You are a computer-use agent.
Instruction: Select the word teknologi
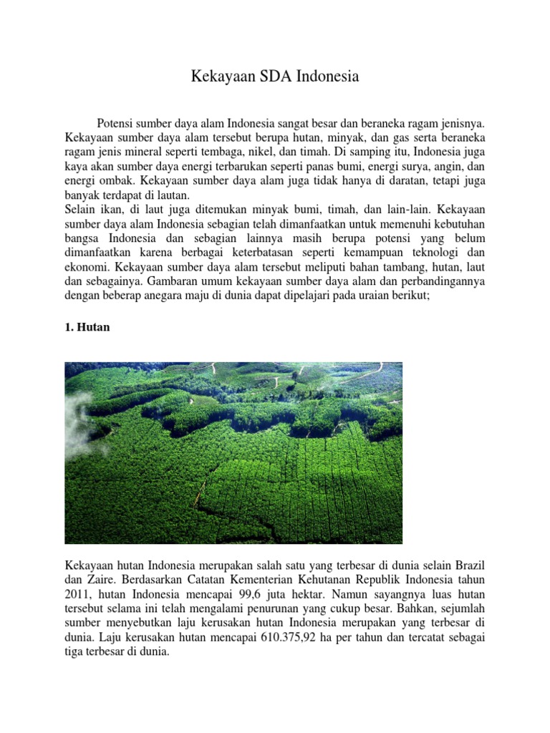pyautogui.click(x=425, y=253)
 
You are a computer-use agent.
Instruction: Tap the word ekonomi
pyautogui.click(x=87, y=268)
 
